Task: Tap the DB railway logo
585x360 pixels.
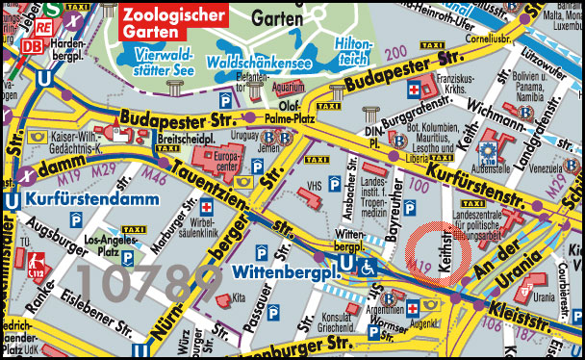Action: coord(36,45)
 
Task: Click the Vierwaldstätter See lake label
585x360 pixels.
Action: coord(165,62)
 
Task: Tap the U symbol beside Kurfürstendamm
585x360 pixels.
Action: coord(12,200)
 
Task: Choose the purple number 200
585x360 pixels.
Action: coord(394,54)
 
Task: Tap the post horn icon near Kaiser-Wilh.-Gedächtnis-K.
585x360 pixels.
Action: coord(38,137)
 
